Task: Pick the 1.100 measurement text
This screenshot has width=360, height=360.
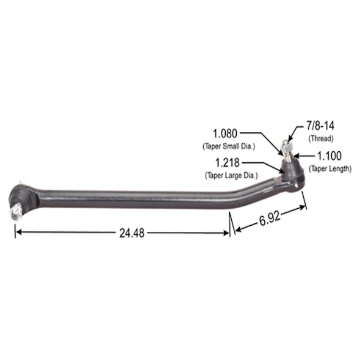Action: coord(329,156)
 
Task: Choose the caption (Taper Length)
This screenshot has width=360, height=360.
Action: coord(330,168)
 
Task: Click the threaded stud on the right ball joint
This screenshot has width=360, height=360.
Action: coord(286,148)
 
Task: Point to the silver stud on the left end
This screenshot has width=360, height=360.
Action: coord(15,212)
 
